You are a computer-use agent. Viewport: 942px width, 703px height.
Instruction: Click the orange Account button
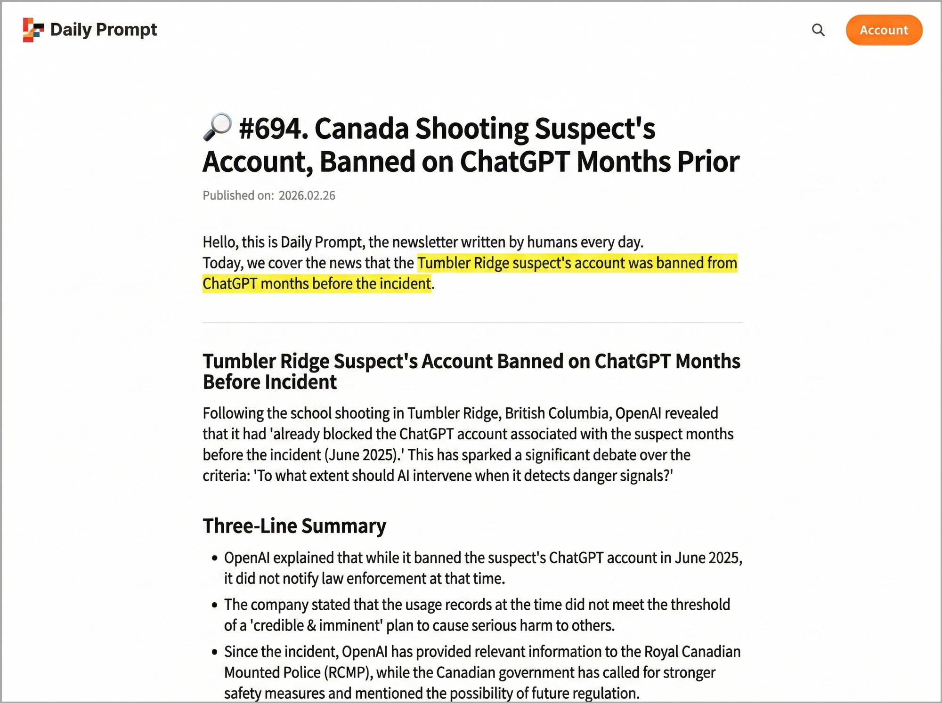(884, 30)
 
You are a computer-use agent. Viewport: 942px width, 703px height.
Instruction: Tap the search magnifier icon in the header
(818, 30)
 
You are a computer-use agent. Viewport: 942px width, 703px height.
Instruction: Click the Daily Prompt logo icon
(33, 30)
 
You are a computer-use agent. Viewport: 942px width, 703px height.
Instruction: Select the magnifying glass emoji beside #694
(217, 127)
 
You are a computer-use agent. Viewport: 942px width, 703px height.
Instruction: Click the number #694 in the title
(273, 129)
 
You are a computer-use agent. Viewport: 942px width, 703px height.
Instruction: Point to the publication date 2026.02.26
(307, 195)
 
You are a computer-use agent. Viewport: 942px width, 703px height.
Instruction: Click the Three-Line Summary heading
(294, 526)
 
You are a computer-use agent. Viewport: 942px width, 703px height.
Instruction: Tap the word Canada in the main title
(361, 129)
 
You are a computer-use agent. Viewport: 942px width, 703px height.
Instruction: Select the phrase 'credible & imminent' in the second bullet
(316, 625)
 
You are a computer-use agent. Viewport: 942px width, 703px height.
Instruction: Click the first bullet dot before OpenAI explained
(215, 558)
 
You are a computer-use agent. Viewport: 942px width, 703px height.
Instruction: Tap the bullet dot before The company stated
(215, 605)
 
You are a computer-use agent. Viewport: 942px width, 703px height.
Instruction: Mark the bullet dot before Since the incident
(215, 652)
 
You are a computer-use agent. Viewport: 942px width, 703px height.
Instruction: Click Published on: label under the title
(238, 195)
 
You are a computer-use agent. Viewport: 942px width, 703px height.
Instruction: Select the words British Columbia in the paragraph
(558, 413)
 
